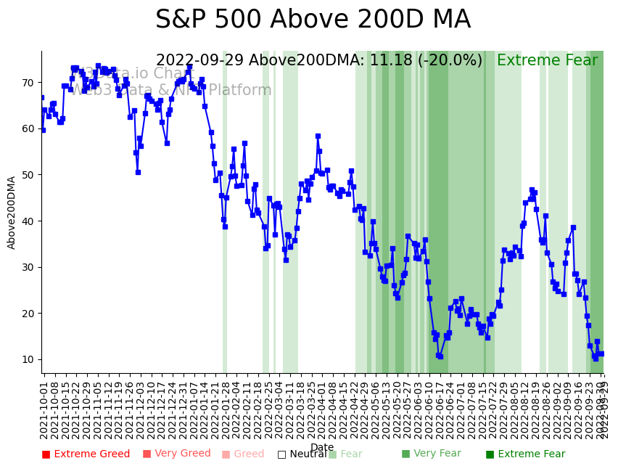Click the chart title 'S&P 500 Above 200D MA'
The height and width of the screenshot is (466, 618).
pyautogui.click(x=313, y=20)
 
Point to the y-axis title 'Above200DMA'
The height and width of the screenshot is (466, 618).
pyautogui.click(x=12, y=213)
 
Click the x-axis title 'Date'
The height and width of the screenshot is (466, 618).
pyautogui.click(x=322, y=447)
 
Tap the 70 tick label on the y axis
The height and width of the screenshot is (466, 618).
pyautogui.click(x=28, y=83)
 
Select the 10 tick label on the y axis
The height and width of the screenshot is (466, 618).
pyautogui.click(x=28, y=359)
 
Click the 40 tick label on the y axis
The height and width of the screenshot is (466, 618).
pyautogui.click(x=28, y=221)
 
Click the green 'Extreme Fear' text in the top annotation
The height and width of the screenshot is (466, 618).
pyautogui.click(x=547, y=61)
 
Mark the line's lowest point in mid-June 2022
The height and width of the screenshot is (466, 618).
pyautogui.click(x=440, y=356)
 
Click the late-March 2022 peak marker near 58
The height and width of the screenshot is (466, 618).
pyautogui.click(x=318, y=136)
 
